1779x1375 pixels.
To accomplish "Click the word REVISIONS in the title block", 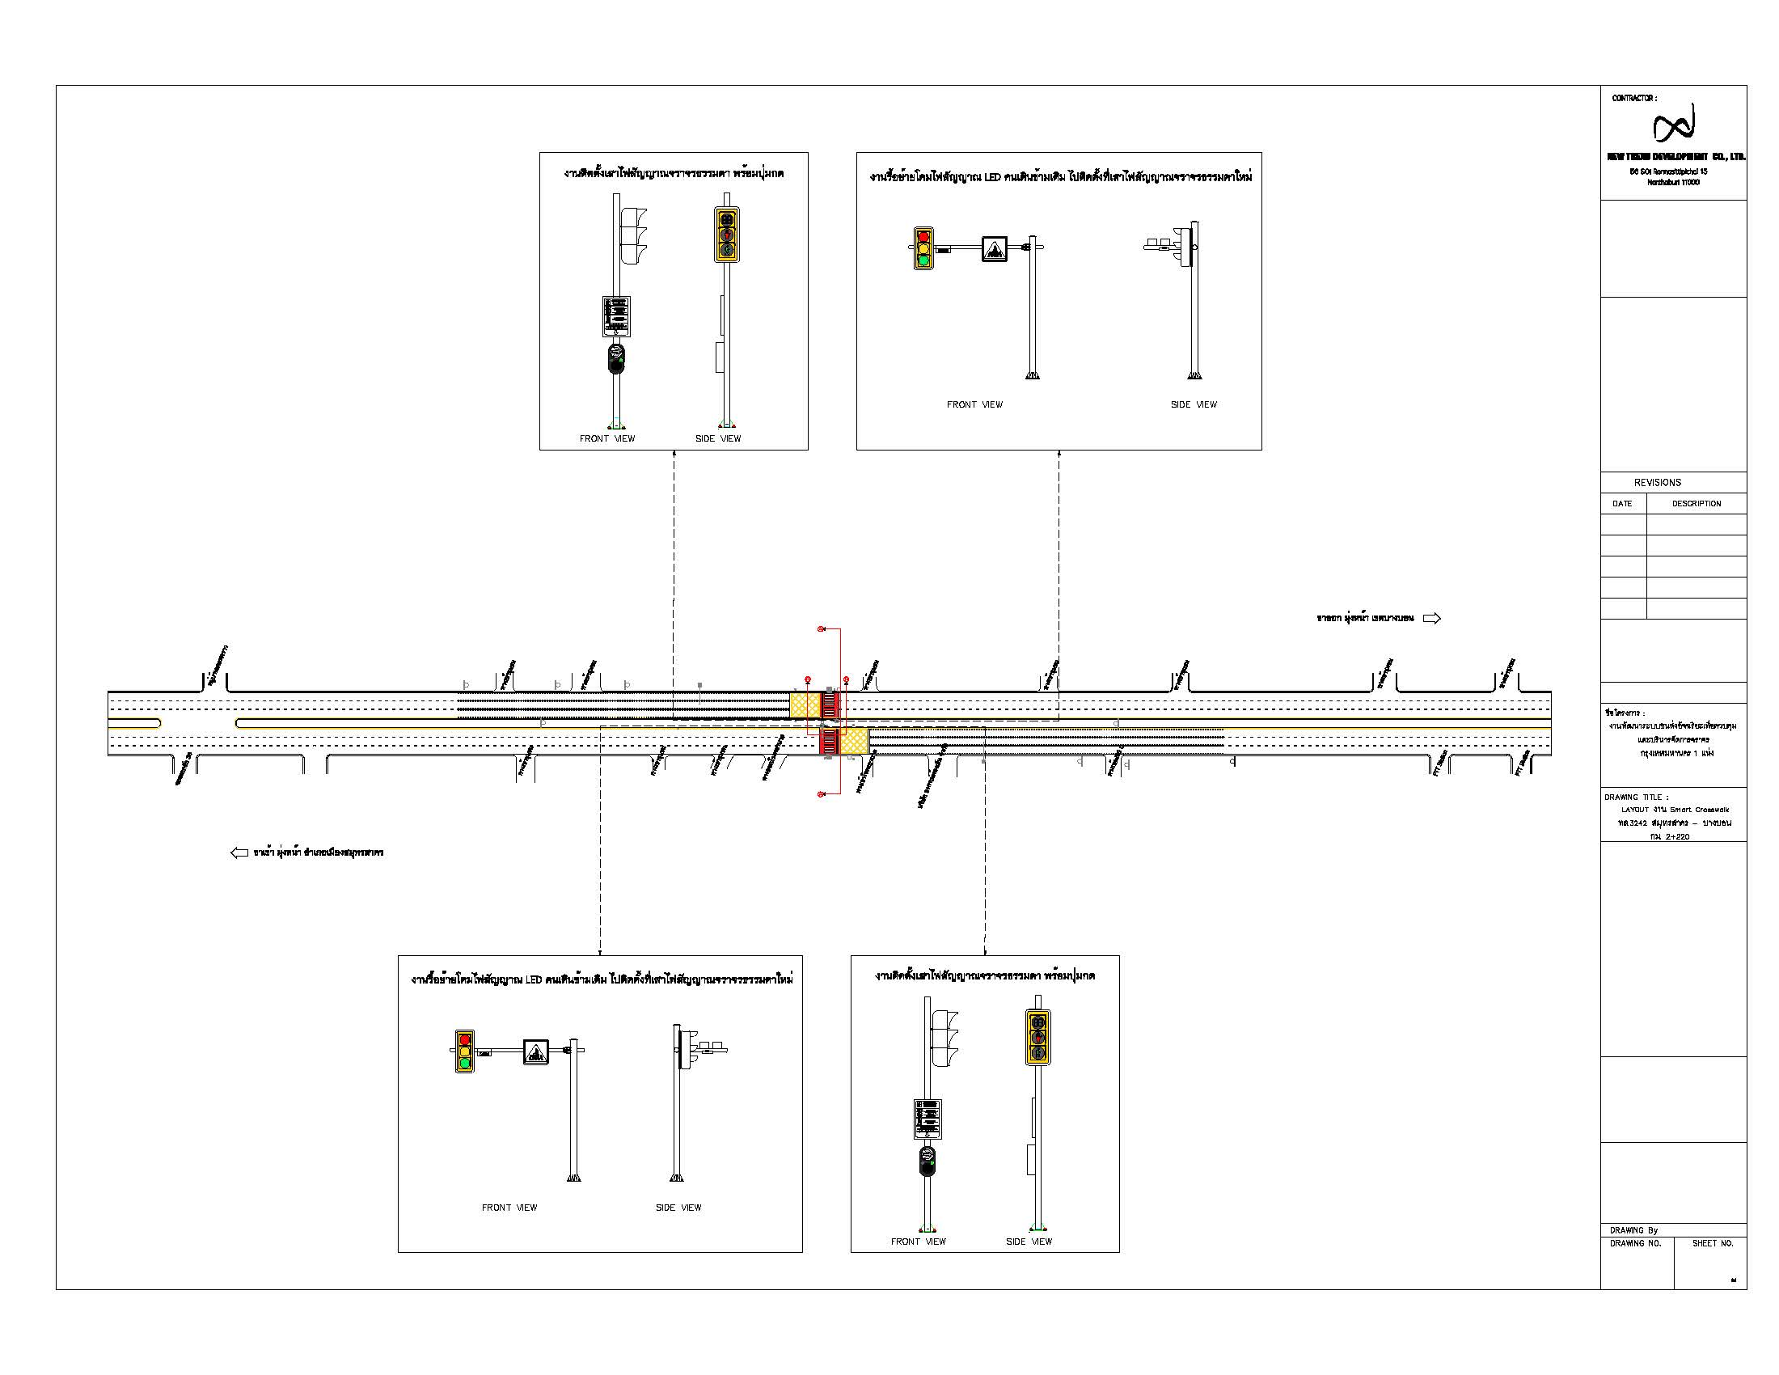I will (x=1657, y=482).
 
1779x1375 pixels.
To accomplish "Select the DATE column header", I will (x=1622, y=503).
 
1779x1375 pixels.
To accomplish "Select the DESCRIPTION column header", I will (x=1696, y=503).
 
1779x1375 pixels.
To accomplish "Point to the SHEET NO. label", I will (x=1712, y=1243).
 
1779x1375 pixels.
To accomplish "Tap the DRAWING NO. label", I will (x=1635, y=1243).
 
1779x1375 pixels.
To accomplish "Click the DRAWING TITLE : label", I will (x=1636, y=797).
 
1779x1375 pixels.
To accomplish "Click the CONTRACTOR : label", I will (x=1633, y=98).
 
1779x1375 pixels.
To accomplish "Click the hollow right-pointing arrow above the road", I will (x=1431, y=618).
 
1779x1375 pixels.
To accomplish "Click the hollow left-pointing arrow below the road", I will (x=239, y=852).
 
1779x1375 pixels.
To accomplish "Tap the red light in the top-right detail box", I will (x=923, y=236).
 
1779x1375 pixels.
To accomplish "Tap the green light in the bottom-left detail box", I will (x=464, y=1063).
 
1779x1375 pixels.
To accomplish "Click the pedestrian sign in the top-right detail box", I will (x=994, y=248).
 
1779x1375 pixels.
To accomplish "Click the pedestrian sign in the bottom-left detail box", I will (x=535, y=1051).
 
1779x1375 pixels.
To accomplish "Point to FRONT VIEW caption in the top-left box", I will (x=606, y=438).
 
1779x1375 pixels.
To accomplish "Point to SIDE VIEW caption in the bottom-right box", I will (x=1028, y=1242).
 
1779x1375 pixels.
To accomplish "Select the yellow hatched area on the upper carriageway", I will (x=805, y=705).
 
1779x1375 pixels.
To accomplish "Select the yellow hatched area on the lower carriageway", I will (x=854, y=741).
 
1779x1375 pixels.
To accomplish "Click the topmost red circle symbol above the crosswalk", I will (x=821, y=628).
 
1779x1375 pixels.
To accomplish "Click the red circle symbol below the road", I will (x=821, y=793).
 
